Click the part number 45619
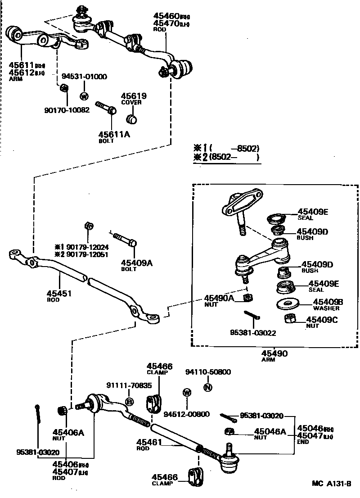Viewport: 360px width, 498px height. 134,96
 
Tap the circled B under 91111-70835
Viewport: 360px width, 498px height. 129,402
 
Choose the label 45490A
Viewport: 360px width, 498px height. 219,298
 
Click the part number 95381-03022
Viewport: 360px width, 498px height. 253,333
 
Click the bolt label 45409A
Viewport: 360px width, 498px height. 136,263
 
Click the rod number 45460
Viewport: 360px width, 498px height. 166,16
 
